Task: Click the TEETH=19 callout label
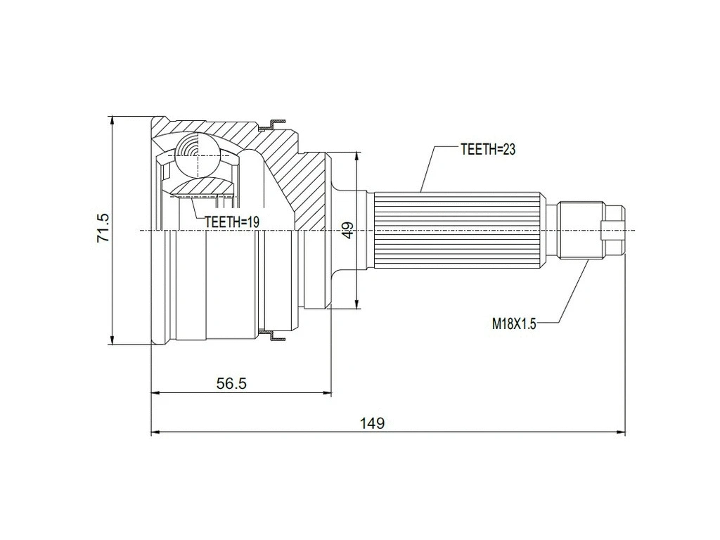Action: (x=232, y=221)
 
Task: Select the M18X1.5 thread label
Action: (x=513, y=323)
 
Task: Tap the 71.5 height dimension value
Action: (x=103, y=226)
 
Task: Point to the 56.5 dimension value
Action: (x=231, y=383)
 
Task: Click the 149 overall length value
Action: (x=372, y=423)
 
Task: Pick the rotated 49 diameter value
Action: (x=347, y=231)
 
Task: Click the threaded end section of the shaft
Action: (x=581, y=231)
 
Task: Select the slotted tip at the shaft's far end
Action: (x=615, y=231)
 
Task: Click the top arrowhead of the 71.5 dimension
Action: (x=112, y=120)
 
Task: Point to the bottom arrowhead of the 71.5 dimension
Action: (x=112, y=340)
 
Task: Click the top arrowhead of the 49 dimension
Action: (x=357, y=157)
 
